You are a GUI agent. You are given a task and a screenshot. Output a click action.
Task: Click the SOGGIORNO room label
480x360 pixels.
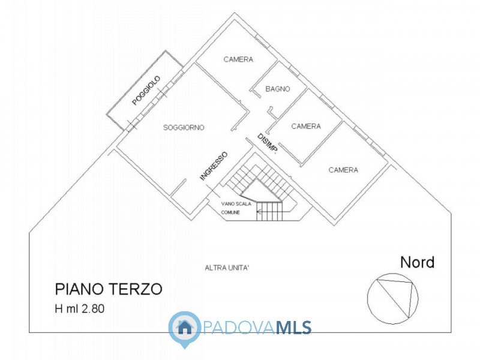(x=184, y=128)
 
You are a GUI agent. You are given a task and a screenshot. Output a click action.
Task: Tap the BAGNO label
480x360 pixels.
(x=278, y=89)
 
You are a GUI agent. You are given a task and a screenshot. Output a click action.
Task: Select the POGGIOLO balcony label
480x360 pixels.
(x=146, y=91)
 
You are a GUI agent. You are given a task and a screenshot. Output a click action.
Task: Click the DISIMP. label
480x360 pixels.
(x=267, y=145)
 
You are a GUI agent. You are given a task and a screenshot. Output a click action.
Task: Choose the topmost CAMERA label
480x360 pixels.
(x=238, y=59)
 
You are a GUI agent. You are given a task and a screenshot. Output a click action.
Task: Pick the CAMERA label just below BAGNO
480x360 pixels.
(x=306, y=126)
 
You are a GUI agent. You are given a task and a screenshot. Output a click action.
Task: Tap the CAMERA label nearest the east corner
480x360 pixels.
(x=343, y=170)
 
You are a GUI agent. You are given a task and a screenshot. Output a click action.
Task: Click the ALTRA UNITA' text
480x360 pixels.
(x=227, y=268)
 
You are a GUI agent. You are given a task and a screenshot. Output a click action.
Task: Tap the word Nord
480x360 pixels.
(x=418, y=262)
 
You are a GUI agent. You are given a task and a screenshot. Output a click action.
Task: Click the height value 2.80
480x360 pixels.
(x=97, y=310)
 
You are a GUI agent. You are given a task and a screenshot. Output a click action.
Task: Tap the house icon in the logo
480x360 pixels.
(x=185, y=327)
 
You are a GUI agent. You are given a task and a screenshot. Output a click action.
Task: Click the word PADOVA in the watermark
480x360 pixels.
(x=241, y=327)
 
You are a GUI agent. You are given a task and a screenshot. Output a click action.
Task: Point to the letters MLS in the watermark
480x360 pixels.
(x=293, y=327)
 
